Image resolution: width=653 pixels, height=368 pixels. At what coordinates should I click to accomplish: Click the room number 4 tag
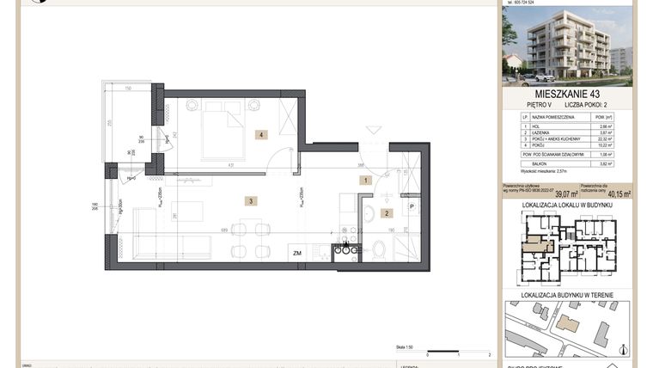click(x=259, y=134)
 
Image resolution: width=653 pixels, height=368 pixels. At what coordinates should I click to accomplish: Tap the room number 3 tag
click(x=250, y=201)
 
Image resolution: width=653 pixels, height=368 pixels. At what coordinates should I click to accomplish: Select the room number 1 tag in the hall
click(x=365, y=181)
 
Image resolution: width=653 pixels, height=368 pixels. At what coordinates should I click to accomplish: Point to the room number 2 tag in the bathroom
click(x=387, y=213)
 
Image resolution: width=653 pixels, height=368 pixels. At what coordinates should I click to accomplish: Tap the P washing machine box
click(x=412, y=206)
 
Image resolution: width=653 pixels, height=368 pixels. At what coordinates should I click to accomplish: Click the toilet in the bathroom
click(x=379, y=249)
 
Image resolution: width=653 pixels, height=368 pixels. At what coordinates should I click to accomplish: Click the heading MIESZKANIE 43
click(x=567, y=93)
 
